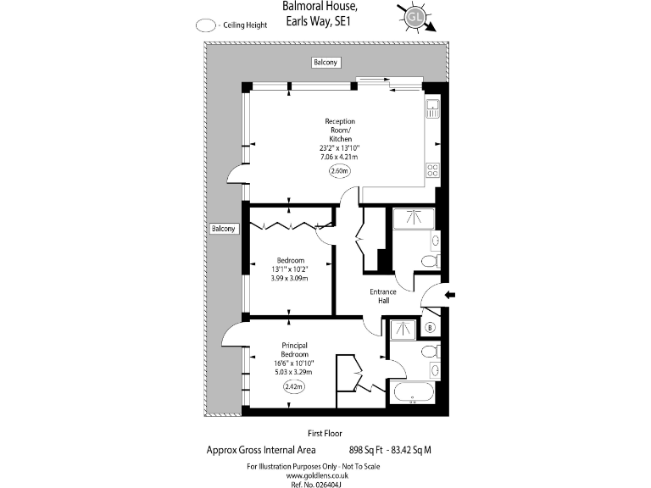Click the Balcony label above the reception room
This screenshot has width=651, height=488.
pos(325,64)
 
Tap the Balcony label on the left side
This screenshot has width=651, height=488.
pos(223,229)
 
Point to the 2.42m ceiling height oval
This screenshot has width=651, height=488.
pos(292,386)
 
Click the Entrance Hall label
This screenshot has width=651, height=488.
pos(383,296)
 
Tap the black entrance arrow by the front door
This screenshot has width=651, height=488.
pos(450,295)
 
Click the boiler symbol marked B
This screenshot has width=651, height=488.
pos(430,328)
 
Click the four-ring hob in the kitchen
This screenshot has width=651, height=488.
pos(432,169)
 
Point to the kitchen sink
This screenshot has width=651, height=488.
pos(432,108)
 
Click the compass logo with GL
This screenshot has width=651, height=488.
pos(415,16)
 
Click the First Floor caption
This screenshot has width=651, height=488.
pos(325,433)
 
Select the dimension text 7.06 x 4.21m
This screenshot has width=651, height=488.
pos(340,157)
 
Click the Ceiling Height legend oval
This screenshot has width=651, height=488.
pos(205,25)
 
